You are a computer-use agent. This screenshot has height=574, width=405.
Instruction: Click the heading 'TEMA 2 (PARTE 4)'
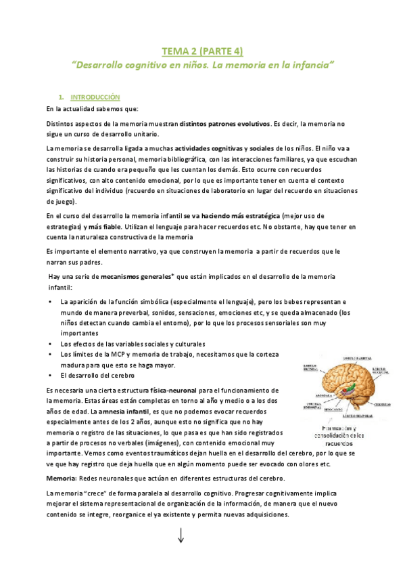202,51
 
